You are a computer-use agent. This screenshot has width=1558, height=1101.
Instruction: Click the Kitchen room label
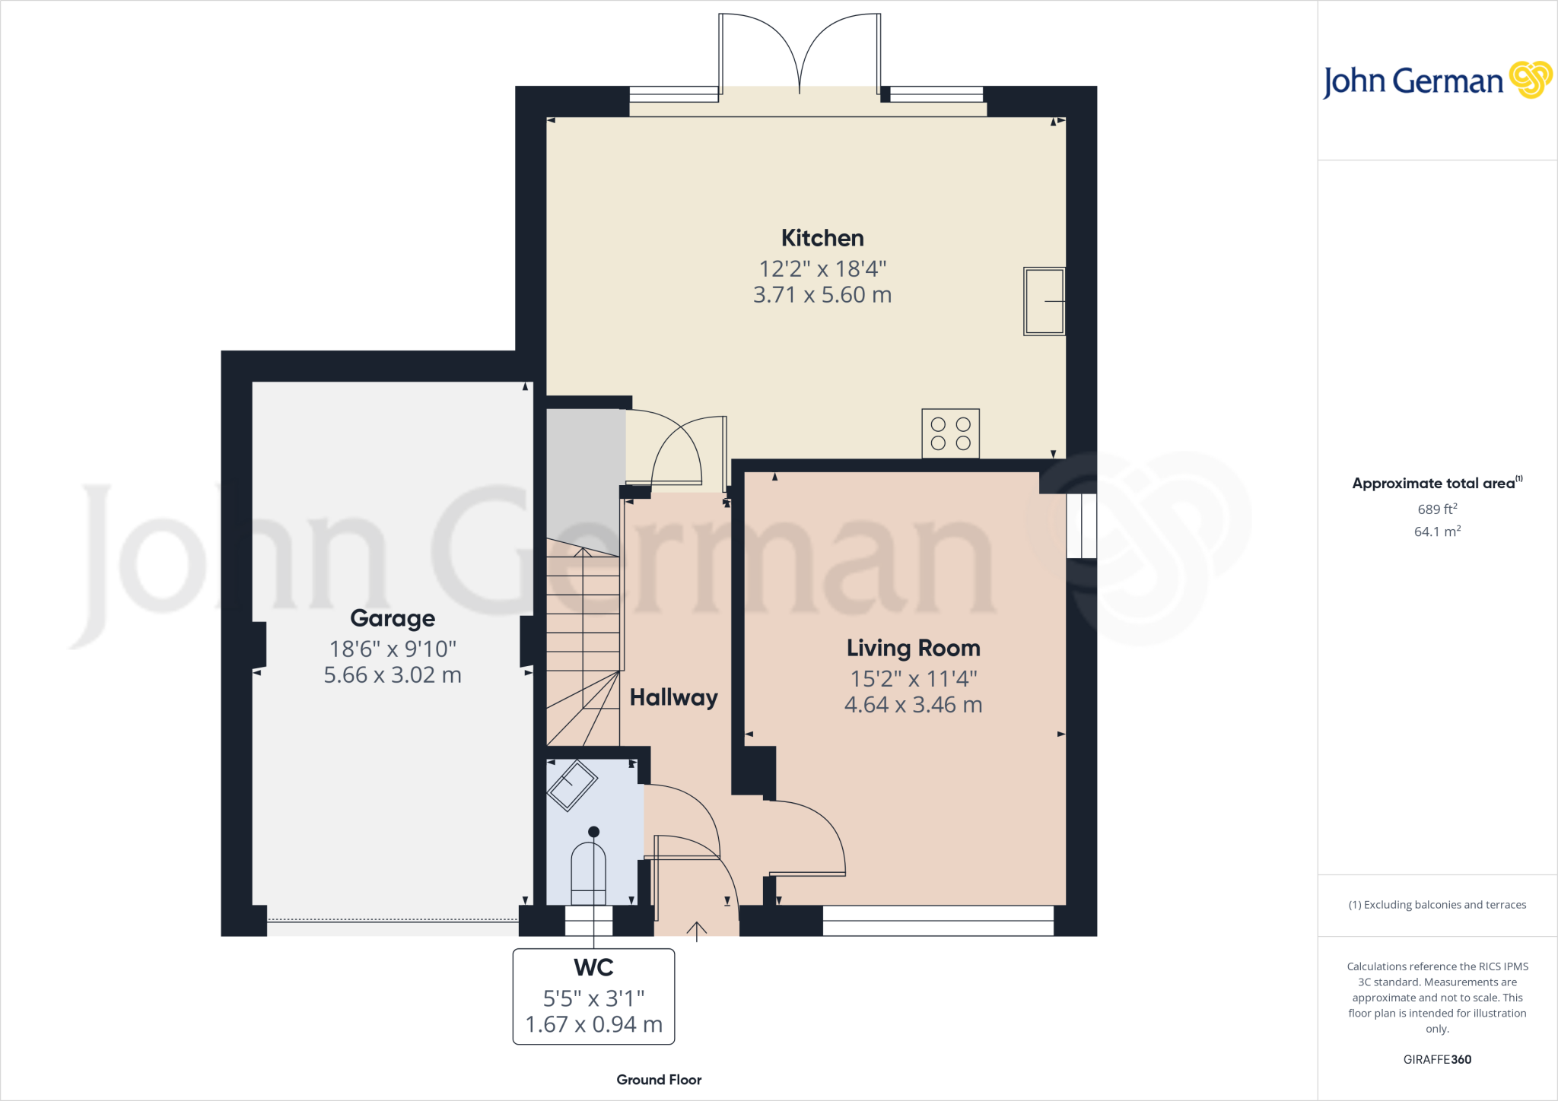tap(822, 238)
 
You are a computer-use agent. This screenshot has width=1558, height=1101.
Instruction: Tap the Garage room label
tap(393, 618)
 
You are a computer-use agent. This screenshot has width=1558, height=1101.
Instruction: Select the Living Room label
tap(913, 648)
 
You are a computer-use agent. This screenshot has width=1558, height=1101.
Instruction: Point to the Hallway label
tap(673, 697)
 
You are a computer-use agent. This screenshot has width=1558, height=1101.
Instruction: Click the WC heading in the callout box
tap(593, 967)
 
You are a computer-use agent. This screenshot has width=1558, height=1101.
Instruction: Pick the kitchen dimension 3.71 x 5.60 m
tap(822, 295)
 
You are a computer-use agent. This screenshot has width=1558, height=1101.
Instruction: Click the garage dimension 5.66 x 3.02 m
tap(393, 675)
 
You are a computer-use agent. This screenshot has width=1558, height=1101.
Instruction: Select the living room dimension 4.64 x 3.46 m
tap(913, 705)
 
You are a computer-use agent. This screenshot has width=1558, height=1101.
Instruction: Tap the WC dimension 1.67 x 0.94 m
tap(593, 1024)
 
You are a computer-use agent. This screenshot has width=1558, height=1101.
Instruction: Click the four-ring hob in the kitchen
tap(950, 433)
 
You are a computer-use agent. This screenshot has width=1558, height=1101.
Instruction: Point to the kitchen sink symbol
tap(1044, 301)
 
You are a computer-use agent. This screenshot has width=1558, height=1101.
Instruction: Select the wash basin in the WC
tap(572, 785)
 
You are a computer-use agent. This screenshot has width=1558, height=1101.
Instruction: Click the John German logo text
tap(1413, 81)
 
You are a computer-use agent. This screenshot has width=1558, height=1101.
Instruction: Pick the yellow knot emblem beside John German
tap(1530, 79)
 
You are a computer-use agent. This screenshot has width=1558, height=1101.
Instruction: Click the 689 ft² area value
tap(1437, 509)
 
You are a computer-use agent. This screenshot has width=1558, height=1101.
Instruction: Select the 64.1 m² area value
tap(1437, 531)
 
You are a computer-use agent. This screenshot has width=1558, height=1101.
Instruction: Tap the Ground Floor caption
tap(659, 1080)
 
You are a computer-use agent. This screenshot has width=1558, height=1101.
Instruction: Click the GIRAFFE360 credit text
tap(1437, 1059)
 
